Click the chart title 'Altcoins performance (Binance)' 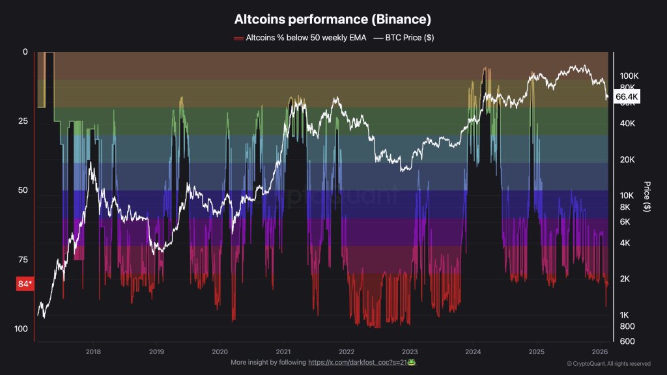click(x=333, y=20)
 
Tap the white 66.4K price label click(x=627, y=97)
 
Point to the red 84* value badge click(x=25, y=284)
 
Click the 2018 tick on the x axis click(x=92, y=350)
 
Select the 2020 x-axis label click(x=220, y=350)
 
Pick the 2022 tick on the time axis click(x=346, y=350)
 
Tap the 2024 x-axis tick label click(x=473, y=350)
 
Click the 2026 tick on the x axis click(x=600, y=350)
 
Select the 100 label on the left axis click(x=21, y=329)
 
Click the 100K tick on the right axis click(x=629, y=76)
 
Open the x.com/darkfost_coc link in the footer click(x=358, y=362)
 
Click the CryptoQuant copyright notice click(x=608, y=364)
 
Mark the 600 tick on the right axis click(x=627, y=341)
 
